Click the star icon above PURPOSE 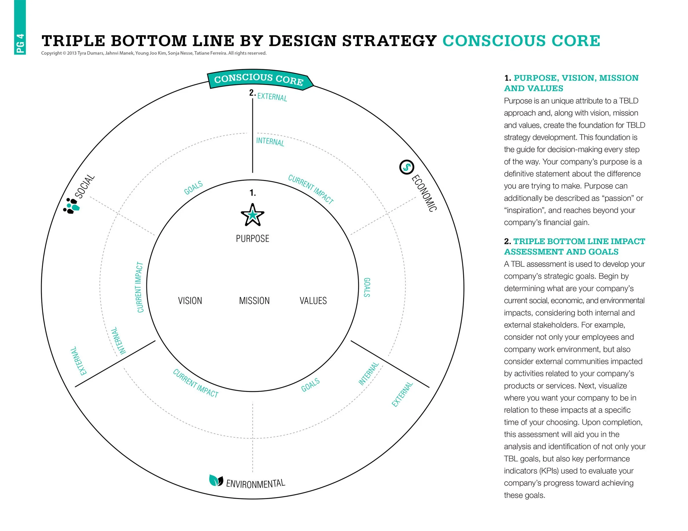(252, 215)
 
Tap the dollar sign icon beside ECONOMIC (406, 167)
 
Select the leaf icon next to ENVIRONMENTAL (216, 480)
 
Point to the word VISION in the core (190, 301)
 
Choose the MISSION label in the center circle (254, 301)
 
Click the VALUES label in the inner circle (313, 301)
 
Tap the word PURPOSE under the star (252, 239)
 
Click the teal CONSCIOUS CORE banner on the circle (259, 79)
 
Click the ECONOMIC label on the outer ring (424, 193)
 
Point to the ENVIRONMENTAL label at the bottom (255, 484)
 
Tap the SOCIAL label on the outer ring (85, 186)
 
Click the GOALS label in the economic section (367, 287)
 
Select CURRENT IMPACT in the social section (140, 287)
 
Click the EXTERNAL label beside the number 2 (272, 97)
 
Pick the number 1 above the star (252, 193)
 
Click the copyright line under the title (154, 53)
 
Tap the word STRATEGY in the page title (389, 41)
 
